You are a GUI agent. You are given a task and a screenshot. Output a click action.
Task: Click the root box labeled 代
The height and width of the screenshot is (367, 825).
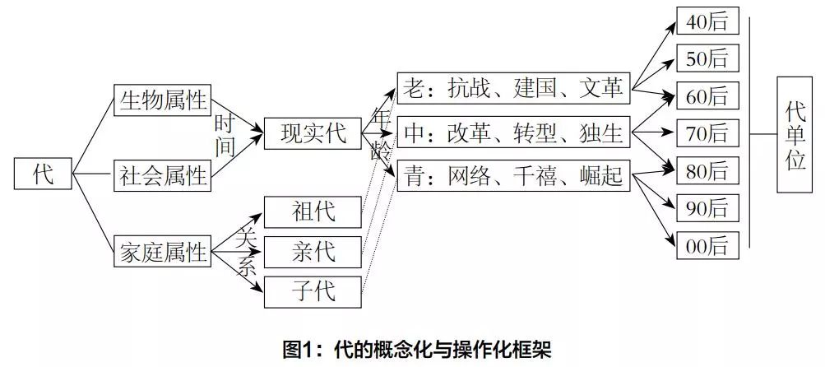[44, 174]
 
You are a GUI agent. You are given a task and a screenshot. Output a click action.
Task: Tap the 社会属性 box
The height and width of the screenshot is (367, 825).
[162, 174]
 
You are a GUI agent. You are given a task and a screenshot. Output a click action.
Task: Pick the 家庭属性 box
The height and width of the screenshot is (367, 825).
[162, 252]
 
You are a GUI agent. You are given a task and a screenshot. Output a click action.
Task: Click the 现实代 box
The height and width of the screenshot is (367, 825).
[313, 132]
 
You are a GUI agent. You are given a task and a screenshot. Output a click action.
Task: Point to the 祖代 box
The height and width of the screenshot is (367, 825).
[313, 212]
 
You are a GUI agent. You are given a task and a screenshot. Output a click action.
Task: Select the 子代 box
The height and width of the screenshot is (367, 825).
[313, 290]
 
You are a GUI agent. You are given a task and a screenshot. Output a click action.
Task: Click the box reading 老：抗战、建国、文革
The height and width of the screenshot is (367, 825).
[513, 88]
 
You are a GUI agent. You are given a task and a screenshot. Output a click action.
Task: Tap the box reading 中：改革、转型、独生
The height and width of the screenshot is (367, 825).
[513, 132]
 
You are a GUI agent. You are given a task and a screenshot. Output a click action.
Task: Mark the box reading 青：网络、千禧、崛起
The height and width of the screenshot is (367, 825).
[513, 175]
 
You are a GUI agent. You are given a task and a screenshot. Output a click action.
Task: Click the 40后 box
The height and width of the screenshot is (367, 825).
[707, 21]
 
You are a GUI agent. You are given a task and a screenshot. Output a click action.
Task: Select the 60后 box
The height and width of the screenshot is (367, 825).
[707, 95]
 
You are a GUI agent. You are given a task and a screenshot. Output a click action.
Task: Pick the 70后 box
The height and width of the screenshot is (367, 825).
[707, 132]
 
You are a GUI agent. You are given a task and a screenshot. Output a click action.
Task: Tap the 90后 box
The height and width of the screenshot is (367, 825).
[707, 208]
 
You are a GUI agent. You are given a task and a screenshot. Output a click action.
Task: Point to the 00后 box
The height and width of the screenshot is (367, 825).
[707, 245]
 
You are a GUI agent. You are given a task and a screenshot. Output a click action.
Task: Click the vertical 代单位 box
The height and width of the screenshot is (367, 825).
[795, 134]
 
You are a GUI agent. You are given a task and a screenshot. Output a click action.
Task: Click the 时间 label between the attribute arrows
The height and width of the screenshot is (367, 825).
[225, 135]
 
